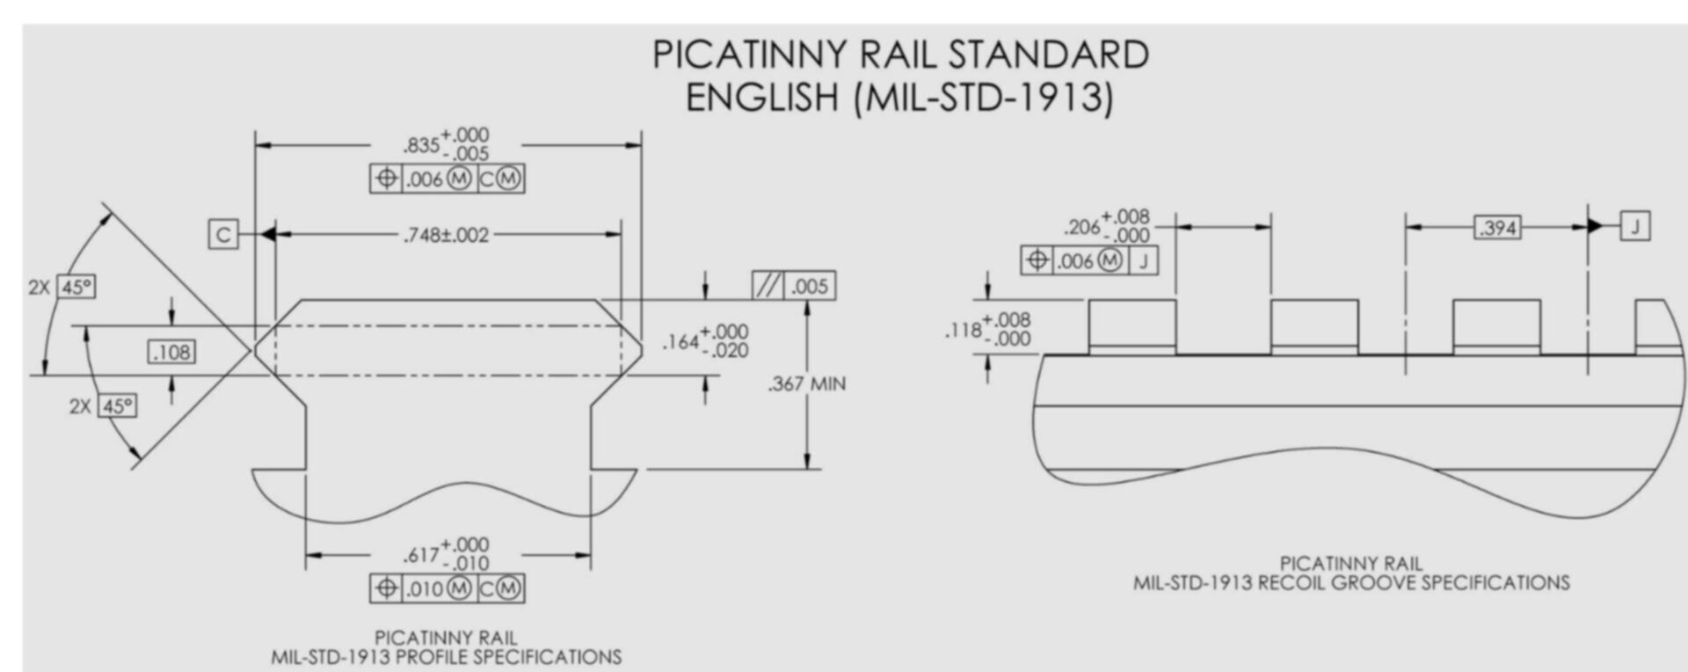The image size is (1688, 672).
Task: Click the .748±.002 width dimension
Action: tap(446, 235)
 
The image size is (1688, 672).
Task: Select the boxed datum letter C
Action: tap(223, 235)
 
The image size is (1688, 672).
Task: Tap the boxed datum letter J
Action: tap(1635, 226)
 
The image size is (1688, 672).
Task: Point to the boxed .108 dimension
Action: tap(171, 352)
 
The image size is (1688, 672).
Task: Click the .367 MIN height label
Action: tap(806, 383)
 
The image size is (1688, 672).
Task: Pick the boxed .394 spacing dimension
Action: tap(1498, 228)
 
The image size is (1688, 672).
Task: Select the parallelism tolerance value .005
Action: tap(810, 286)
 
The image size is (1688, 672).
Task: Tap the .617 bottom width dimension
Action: tap(446, 554)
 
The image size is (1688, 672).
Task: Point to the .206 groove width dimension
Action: tap(1106, 226)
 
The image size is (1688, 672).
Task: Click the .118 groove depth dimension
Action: tap(987, 329)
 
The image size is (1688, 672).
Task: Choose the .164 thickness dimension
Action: tap(705, 341)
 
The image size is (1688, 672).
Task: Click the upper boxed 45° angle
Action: tap(76, 287)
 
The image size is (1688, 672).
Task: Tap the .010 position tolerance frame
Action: tap(447, 588)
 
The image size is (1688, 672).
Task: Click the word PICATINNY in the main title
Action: tap(749, 55)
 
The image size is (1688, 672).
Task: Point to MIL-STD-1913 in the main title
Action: tap(982, 97)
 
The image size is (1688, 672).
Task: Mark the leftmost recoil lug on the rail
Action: tap(1132, 326)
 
